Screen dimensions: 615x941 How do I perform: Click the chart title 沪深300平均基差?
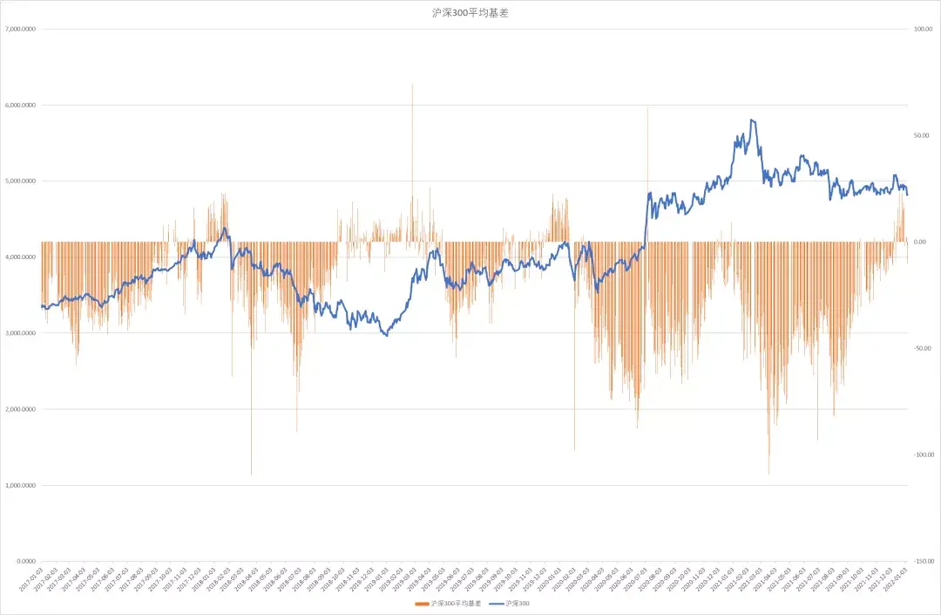(470, 13)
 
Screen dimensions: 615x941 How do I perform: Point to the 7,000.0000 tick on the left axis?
(20, 29)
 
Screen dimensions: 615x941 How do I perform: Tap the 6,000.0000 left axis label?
(20, 106)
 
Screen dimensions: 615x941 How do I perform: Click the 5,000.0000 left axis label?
(20, 181)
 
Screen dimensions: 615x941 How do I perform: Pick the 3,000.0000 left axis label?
(20, 333)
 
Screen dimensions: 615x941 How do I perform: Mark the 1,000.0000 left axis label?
(20, 486)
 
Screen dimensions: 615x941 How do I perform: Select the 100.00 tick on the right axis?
(923, 29)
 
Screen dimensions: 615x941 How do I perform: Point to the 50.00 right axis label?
(922, 136)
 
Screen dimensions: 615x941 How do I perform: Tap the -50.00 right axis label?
(922, 349)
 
